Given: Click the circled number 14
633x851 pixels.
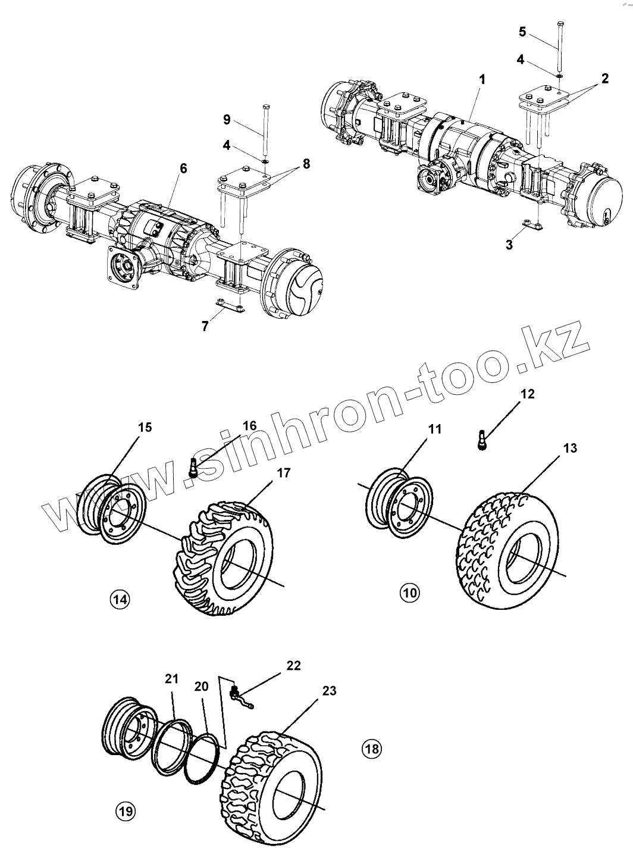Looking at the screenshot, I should pyautogui.click(x=120, y=600).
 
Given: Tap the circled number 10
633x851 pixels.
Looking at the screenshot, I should pyautogui.click(x=409, y=593).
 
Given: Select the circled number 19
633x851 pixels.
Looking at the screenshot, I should pyautogui.click(x=126, y=811).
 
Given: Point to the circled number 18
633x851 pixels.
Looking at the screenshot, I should pyautogui.click(x=371, y=748).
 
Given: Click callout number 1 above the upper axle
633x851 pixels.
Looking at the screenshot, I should pyautogui.click(x=482, y=79).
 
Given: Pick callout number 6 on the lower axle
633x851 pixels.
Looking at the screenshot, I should pyautogui.click(x=183, y=169).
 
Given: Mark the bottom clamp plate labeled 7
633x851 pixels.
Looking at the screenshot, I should pyautogui.click(x=229, y=307).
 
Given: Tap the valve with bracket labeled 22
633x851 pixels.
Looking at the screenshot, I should pyautogui.click(x=240, y=696).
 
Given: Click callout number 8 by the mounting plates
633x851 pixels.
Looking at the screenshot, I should pyautogui.click(x=306, y=164).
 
